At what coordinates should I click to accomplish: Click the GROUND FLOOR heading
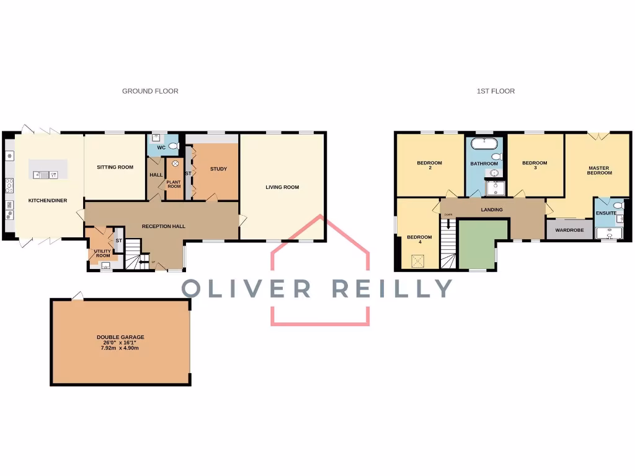coord(150,91)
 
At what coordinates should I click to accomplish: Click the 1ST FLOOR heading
coord(495,91)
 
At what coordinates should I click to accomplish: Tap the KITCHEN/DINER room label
coord(48,201)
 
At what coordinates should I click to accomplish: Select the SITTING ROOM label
coord(115,167)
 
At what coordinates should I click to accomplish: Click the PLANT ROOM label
coord(174,184)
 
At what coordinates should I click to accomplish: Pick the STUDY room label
coord(218,169)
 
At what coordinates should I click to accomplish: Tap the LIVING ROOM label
coord(282,187)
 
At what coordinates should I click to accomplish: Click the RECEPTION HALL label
coord(164,226)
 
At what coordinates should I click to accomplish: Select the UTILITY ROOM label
coord(102,253)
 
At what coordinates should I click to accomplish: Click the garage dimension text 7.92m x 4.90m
coord(120,348)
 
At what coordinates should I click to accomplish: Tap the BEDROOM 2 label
coord(429,165)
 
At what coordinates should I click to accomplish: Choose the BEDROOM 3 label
coord(535,165)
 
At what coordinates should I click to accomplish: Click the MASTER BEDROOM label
coord(599,170)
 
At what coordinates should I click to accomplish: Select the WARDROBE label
coord(569,230)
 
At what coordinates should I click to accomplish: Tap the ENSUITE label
coord(606,213)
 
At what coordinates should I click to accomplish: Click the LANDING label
coord(492,210)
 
